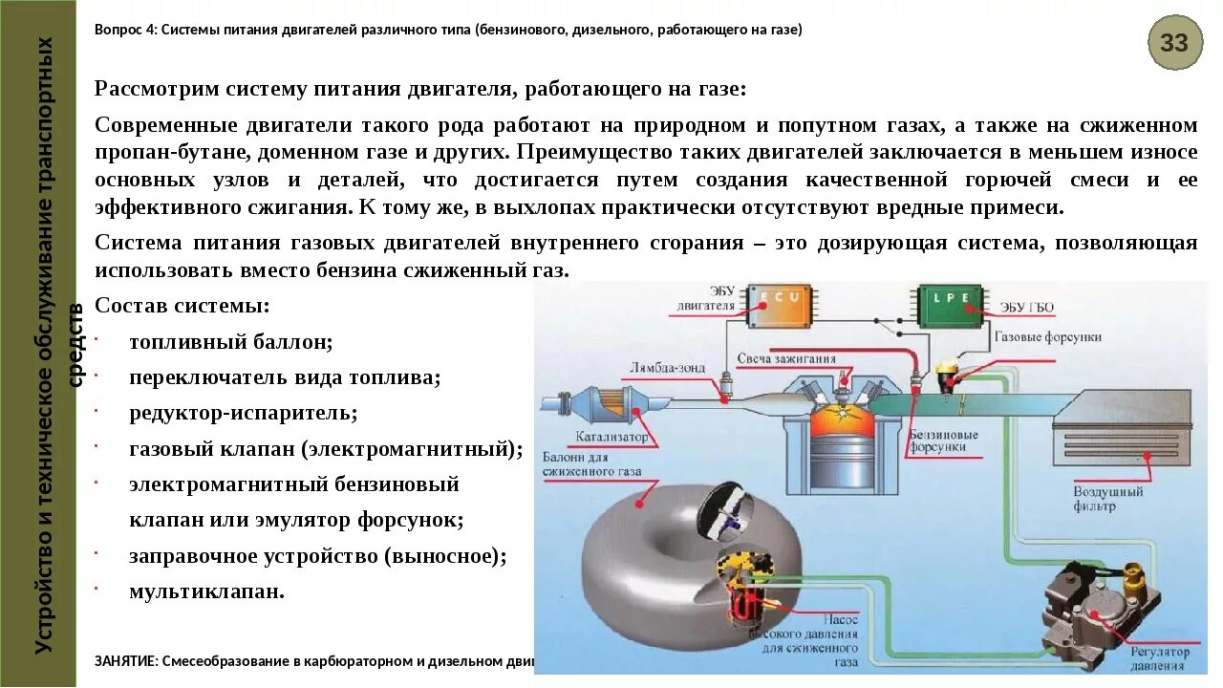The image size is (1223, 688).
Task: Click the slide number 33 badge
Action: [x=1174, y=43]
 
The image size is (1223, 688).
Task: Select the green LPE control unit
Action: [x=951, y=304]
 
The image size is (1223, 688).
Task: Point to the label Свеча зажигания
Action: [x=786, y=359]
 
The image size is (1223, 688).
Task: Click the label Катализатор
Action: [x=611, y=437]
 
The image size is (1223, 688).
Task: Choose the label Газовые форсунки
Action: [x=1047, y=337]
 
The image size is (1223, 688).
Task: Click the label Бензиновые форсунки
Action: [x=943, y=441]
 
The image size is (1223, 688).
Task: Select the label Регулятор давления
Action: [x=1160, y=658]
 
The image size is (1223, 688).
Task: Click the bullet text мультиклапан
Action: [x=206, y=591]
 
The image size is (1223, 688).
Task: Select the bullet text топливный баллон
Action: [x=230, y=341]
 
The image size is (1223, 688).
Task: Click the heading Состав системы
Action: [x=182, y=306]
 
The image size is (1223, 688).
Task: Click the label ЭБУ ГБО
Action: [x=1027, y=307]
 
